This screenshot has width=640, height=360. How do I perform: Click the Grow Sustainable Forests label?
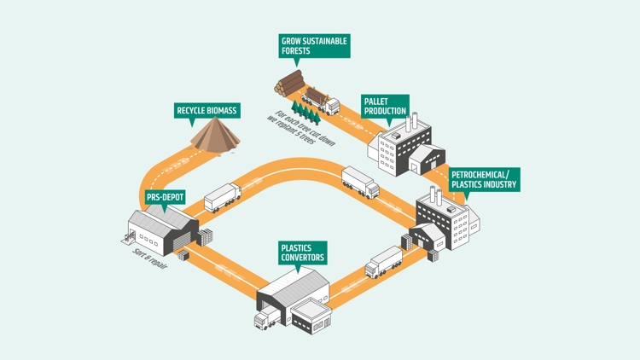tap(314, 45)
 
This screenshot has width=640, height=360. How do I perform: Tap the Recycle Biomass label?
tap(207, 110)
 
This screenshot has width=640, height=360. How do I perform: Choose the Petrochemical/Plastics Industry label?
tap(483, 179)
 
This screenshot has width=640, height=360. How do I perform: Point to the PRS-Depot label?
tap(166, 198)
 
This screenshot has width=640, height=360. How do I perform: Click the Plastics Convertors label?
tap(303, 253)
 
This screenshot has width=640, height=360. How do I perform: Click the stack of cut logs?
tap(290, 83)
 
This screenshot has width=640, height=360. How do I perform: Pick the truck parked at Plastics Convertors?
tap(264, 319)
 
